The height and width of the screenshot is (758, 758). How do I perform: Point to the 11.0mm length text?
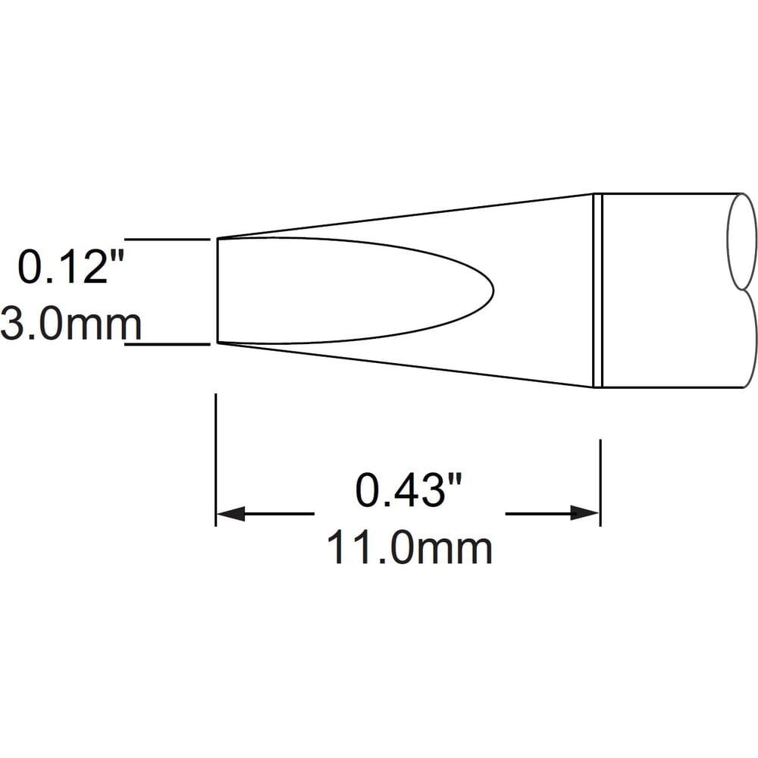pyautogui.click(x=409, y=548)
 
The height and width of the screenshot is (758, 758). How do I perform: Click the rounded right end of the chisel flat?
pyautogui.click(x=493, y=290)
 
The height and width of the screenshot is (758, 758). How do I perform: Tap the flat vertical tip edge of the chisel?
pyautogui.click(x=218, y=290)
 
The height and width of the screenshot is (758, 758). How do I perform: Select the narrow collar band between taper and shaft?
pyautogui.click(x=597, y=290)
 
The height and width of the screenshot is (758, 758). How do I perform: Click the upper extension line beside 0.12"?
pyautogui.click(x=168, y=240)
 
